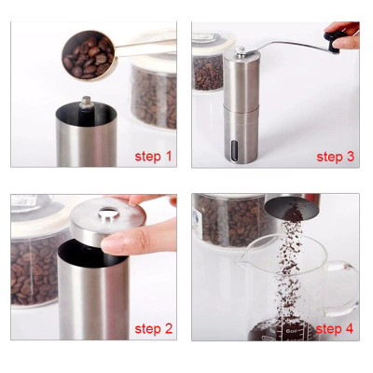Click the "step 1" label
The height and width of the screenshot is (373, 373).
154,155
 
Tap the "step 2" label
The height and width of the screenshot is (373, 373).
154,328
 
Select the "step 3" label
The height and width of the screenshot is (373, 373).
335,156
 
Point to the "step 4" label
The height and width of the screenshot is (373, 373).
335,328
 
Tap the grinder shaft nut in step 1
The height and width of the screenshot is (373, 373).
86,100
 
